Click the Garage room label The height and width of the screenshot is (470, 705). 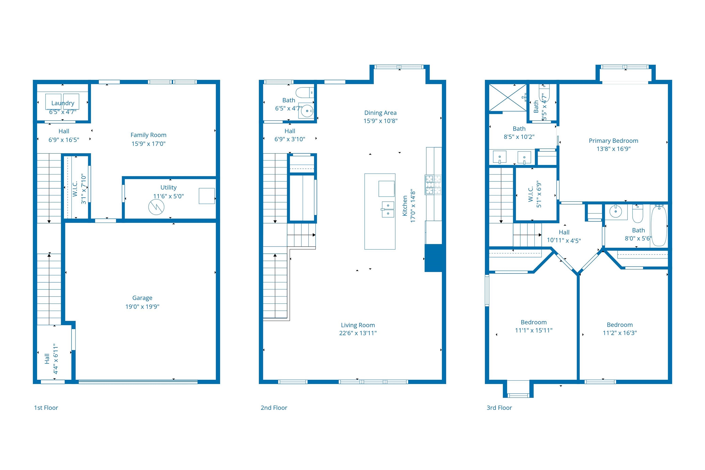(x=142, y=298)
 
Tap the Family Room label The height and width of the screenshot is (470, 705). (x=148, y=135)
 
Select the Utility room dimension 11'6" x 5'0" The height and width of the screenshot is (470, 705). (x=168, y=196)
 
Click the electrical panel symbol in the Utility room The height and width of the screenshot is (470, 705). (x=157, y=207)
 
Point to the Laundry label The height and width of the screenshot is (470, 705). (x=63, y=103)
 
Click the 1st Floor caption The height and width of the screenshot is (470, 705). (x=46, y=408)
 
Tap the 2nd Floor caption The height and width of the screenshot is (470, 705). (x=274, y=408)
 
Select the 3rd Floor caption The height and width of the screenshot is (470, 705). (x=499, y=408)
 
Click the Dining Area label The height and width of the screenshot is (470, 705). (x=380, y=113)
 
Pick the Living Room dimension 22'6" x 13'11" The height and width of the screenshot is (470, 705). (x=358, y=333)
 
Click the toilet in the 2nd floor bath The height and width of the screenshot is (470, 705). (x=305, y=93)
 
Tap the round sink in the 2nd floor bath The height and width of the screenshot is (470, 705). (x=307, y=111)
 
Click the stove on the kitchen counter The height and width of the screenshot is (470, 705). (x=433, y=184)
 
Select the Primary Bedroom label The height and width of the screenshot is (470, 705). (x=614, y=141)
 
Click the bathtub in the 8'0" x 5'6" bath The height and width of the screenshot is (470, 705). (x=659, y=226)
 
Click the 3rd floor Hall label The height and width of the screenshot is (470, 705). (x=564, y=232)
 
